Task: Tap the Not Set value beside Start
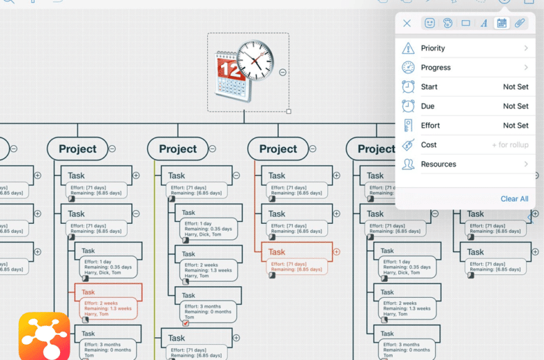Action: click(515, 87)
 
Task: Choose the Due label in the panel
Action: click(428, 106)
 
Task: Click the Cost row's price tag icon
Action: click(408, 145)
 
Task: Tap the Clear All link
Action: click(514, 199)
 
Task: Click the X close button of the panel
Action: click(407, 23)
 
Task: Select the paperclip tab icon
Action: click(520, 23)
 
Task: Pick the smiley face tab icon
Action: click(430, 23)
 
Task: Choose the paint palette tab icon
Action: click(448, 23)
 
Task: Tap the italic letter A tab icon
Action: click(483, 23)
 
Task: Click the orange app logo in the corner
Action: click(44, 336)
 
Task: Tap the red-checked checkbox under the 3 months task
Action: click(186, 323)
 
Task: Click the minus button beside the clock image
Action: click(282, 72)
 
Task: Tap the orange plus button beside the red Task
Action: click(337, 252)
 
